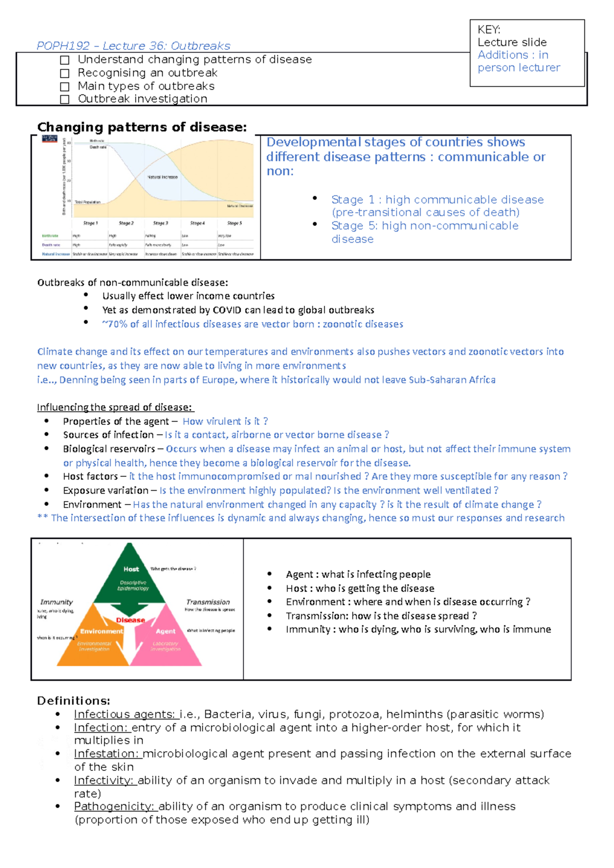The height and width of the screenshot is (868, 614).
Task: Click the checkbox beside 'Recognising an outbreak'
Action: (x=64, y=73)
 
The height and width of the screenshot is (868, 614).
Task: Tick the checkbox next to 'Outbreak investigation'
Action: (x=64, y=99)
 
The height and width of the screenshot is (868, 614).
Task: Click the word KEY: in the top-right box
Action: (x=489, y=30)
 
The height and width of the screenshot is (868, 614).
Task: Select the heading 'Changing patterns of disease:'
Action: (x=142, y=127)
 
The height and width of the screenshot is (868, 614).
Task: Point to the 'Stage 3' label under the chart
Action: (x=161, y=223)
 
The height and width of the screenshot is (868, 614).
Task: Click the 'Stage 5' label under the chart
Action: (x=234, y=223)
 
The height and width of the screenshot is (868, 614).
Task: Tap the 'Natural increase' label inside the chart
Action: (x=162, y=177)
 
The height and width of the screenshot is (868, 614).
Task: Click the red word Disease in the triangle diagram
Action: (x=130, y=620)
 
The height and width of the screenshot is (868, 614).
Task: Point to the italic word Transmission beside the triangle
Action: (x=208, y=602)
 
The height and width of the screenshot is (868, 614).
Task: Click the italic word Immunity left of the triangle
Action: (x=56, y=602)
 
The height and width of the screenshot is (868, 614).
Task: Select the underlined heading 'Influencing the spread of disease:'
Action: (x=115, y=407)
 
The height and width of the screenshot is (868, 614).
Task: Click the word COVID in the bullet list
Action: (x=227, y=310)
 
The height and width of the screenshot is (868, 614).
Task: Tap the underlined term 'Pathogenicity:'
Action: (x=115, y=806)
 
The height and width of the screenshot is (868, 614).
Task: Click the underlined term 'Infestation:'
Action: (x=107, y=753)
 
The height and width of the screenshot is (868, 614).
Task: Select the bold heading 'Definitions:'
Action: (x=74, y=700)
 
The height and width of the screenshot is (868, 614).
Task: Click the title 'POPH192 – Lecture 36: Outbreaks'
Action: (x=133, y=46)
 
